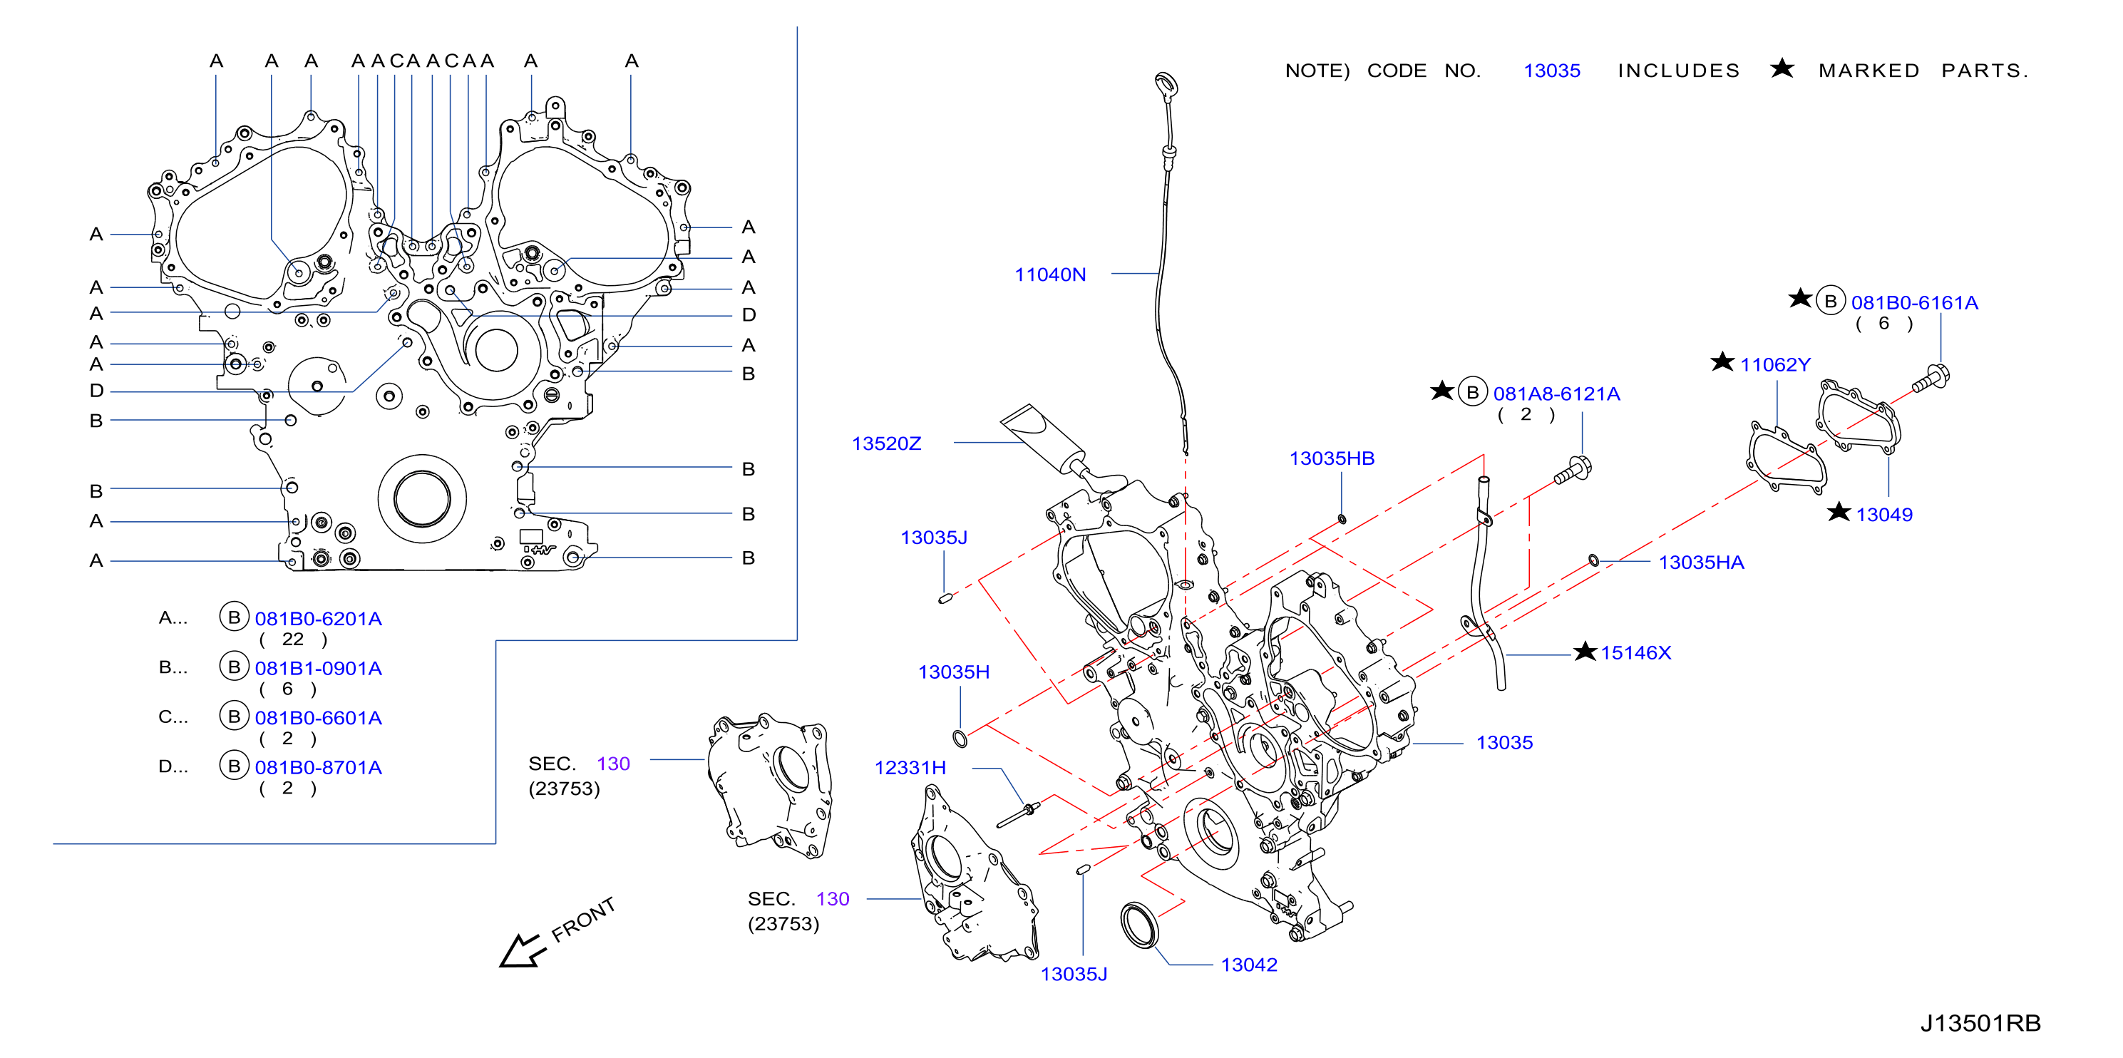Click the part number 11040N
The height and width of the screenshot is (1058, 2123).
pos(1050,274)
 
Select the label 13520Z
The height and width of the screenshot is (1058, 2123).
pos(886,443)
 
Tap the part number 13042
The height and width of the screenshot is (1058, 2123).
pos(1248,965)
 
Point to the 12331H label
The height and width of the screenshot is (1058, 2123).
pos(910,768)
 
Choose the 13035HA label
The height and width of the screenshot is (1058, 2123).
pos(1701,562)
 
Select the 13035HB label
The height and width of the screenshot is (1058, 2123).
pos(1332,458)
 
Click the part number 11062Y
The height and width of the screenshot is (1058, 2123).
pos(1774,364)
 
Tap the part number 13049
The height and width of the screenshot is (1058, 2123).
pos(1884,514)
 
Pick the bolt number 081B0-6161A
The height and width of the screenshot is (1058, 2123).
pos(1915,302)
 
